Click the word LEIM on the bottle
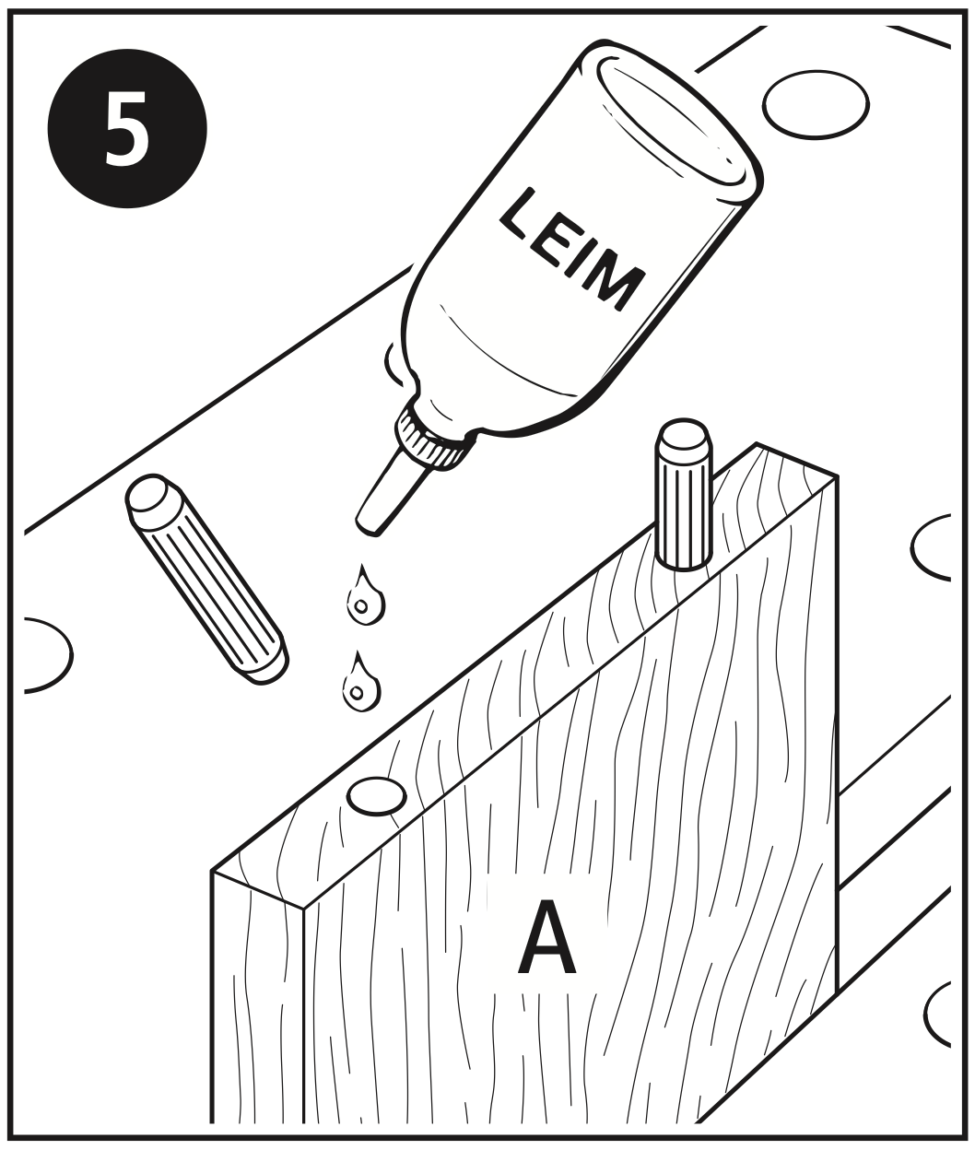[x=572, y=249]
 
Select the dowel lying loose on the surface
[x=206, y=578]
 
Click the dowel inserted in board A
[x=685, y=495]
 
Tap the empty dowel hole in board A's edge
[x=376, y=795]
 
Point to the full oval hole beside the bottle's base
[x=816, y=105]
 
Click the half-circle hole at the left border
[x=49, y=654]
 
